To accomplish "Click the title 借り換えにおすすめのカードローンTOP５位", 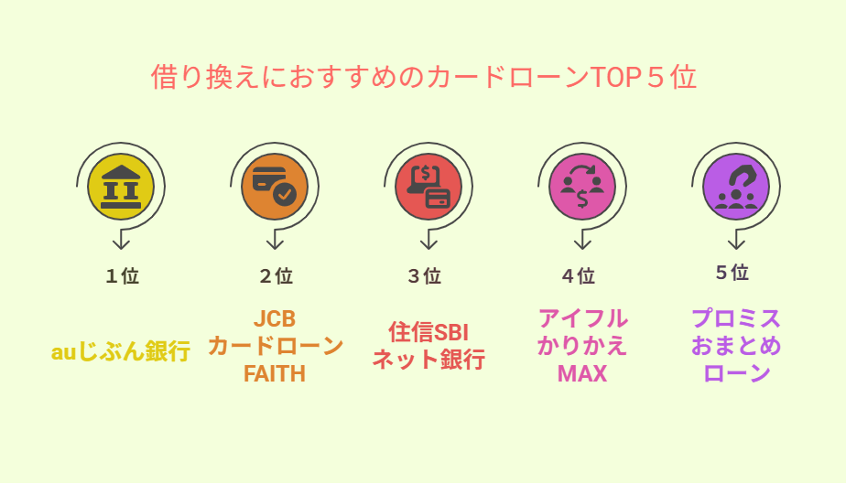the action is pyautogui.click(x=424, y=77).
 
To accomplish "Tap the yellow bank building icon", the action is pyautogui.click(x=121, y=187).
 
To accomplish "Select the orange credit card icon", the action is pyautogui.click(x=275, y=187).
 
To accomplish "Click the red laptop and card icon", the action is pyautogui.click(x=428, y=187).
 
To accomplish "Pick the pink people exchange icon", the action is pyautogui.click(x=582, y=187).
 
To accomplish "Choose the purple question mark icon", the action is pyautogui.click(x=736, y=187).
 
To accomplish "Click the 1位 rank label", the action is pyautogui.click(x=123, y=276).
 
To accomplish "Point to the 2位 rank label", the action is pyautogui.click(x=277, y=276).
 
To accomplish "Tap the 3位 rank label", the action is pyautogui.click(x=425, y=276).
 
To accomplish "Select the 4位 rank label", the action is pyautogui.click(x=579, y=276).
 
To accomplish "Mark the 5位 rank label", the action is pyautogui.click(x=732, y=273).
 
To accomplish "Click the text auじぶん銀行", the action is pyautogui.click(x=121, y=351).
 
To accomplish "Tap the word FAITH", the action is pyautogui.click(x=275, y=373).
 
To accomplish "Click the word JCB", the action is pyautogui.click(x=275, y=318).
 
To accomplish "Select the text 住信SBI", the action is pyautogui.click(x=428, y=332).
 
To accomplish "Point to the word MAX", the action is pyautogui.click(x=582, y=373).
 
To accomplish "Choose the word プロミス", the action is pyautogui.click(x=736, y=318).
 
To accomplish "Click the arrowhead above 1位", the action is pyautogui.click(x=121, y=243).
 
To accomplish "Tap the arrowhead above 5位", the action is pyautogui.click(x=736, y=243).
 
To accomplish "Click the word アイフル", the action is pyautogui.click(x=582, y=318).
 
